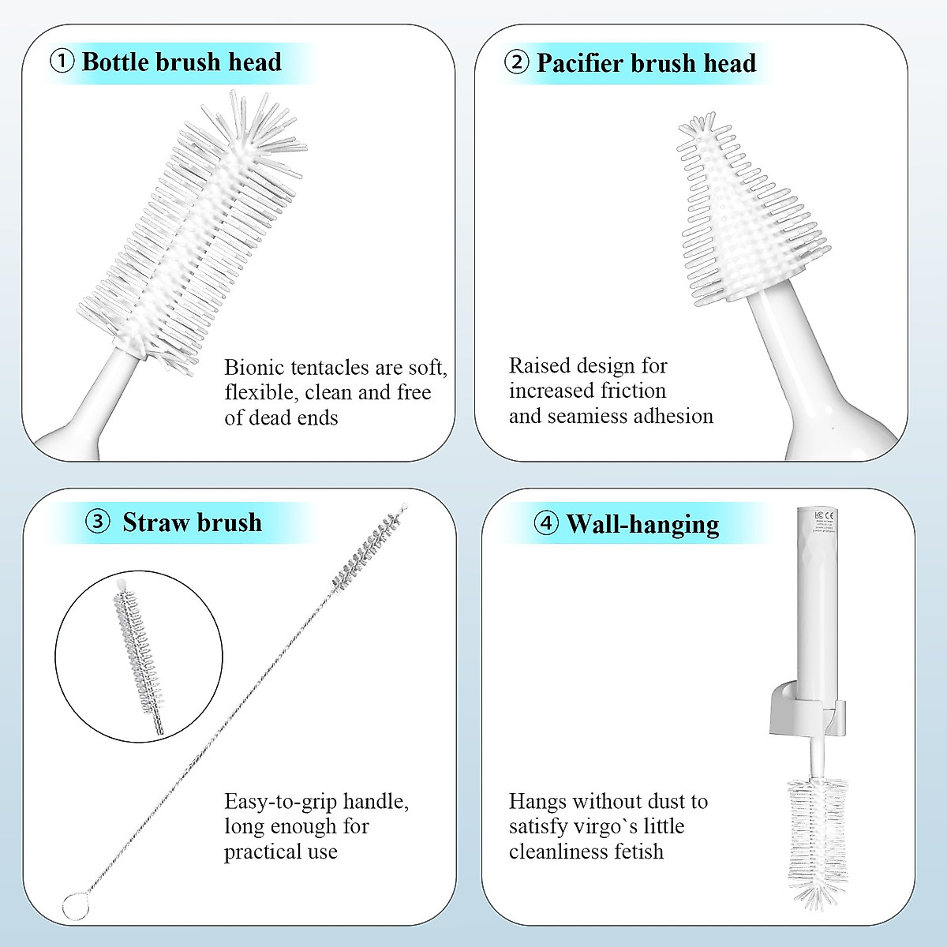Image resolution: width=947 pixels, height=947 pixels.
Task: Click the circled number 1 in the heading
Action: [x=62, y=62]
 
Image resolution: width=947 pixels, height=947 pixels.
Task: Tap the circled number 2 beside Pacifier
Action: [x=516, y=62]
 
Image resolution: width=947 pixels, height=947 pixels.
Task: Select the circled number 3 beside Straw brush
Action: [x=97, y=522]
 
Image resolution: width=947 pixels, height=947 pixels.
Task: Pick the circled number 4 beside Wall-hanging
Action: [x=546, y=523]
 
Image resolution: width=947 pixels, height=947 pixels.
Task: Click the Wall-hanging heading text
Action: [x=642, y=524]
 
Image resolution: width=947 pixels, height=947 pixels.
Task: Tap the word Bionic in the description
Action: [x=253, y=368]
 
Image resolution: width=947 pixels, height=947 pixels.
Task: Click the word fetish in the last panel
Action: [x=640, y=852]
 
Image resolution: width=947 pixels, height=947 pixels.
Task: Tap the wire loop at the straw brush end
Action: [x=75, y=906]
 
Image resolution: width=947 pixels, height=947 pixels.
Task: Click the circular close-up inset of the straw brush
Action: [x=139, y=655]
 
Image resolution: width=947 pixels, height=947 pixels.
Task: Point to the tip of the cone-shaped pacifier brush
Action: [x=698, y=125]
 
